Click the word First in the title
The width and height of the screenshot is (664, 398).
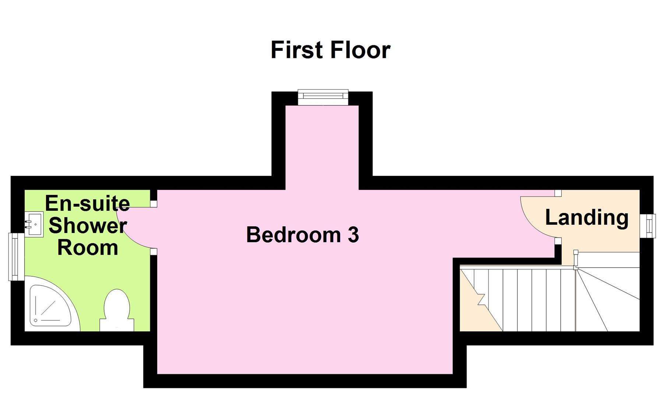pyautogui.click(x=297, y=50)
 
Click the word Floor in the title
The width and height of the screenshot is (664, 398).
pyautogui.click(x=360, y=50)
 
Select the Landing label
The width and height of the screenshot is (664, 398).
pyautogui.click(x=587, y=217)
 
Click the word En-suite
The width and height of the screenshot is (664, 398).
pyautogui.click(x=88, y=203)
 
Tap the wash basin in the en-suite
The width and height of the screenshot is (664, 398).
pyautogui.click(x=34, y=224)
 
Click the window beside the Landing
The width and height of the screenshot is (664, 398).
pyautogui.click(x=648, y=226)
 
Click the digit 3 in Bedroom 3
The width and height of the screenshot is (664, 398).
pyautogui.click(x=353, y=235)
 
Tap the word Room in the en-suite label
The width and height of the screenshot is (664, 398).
pyautogui.click(x=88, y=248)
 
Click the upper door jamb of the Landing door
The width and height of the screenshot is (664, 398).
pyautogui.click(x=558, y=193)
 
